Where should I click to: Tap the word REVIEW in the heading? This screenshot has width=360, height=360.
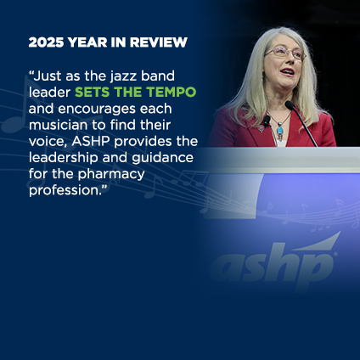(x=162, y=42)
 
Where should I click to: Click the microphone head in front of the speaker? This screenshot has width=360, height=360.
(x=290, y=105)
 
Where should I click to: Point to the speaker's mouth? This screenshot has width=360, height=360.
(x=286, y=73)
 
